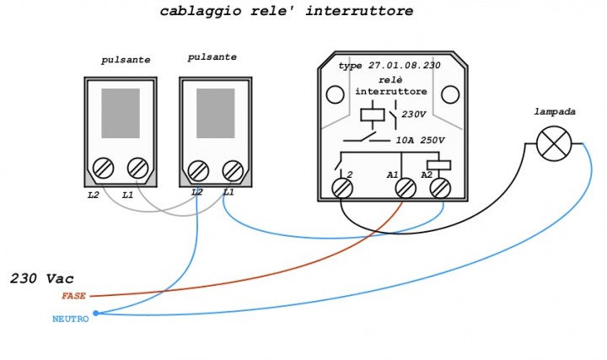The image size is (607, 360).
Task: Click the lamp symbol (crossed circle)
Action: pyautogui.click(x=554, y=143)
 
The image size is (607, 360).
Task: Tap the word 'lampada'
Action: pyautogui.click(x=553, y=111)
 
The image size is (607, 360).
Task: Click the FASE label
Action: pyautogui.click(x=73, y=296)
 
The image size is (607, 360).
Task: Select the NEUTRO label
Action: pyautogui.click(x=70, y=319)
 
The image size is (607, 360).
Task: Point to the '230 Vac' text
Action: pyautogui.click(x=42, y=278)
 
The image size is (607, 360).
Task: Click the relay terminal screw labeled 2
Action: pyautogui.click(x=342, y=187)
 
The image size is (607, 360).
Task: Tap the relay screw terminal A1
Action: pyautogui.click(x=406, y=187)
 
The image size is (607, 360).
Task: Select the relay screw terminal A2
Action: pyautogui.click(x=440, y=187)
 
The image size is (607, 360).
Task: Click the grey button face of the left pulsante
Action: pyautogui.click(x=120, y=113)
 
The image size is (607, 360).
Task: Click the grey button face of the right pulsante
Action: pyautogui.click(x=215, y=113)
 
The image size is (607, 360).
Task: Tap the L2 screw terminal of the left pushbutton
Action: pyautogui.click(x=105, y=167)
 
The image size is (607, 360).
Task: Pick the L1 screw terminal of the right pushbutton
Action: pyautogui.click(x=233, y=170)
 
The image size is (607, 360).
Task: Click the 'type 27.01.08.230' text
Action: pyautogui.click(x=390, y=65)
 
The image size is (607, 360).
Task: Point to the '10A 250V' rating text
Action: pyautogui.click(x=420, y=140)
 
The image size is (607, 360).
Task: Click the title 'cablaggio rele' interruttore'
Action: pyautogui.click(x=287, y=12)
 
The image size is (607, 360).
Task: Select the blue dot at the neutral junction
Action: pyautogui.click(x=95, y=313)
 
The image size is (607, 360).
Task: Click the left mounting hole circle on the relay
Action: pyautogui.click(x=335, y=93)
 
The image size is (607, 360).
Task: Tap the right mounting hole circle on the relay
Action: pyautogui.click(x=450, y=93)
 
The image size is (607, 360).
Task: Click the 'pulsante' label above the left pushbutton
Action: pyautogui.click(x=126, y=61)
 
